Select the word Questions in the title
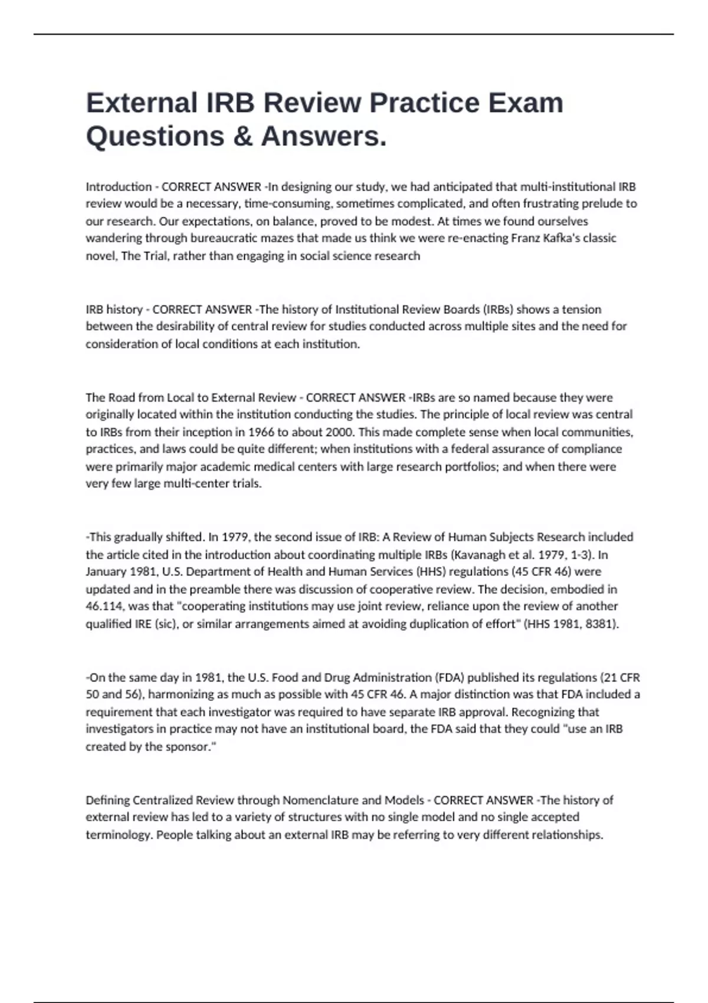[x=155, y=136]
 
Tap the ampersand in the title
[x=242, y=136]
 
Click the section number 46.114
[x=104, y=606]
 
